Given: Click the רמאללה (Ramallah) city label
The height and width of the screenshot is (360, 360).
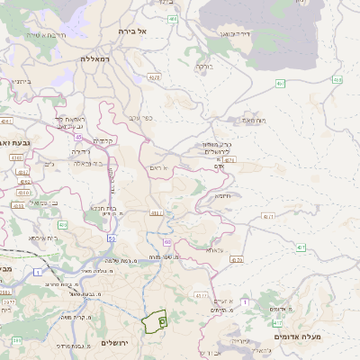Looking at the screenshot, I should pyautogui.click(x=94, y=58).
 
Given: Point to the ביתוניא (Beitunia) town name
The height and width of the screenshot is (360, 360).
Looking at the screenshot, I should pyautogui.click(x=20, y=81).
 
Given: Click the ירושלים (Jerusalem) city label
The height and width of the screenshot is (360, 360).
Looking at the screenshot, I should pyautogui.click(x=115, y=343).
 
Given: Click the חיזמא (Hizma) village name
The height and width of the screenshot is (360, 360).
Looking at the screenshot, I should pyautogui.click(x=222, y=195).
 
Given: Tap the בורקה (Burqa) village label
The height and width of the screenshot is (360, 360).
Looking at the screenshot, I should pyautogui.click(x=203, y=65).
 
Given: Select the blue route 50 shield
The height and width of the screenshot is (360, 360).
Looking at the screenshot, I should pyautogui.click(x=111, y=238).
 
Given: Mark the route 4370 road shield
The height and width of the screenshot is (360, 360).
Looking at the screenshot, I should pyautogui.click(x=237, y=260).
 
